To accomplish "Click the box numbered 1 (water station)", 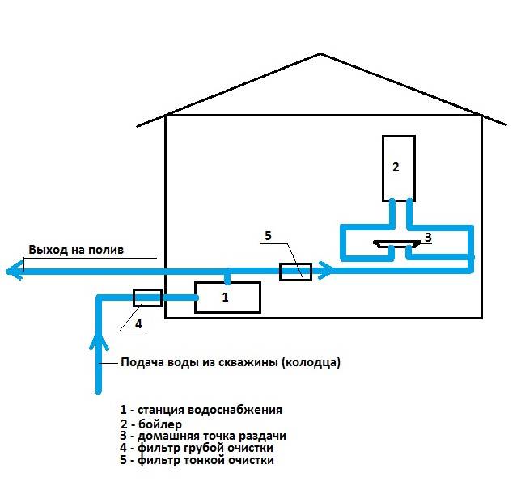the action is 227,297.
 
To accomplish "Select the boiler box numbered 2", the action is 399,168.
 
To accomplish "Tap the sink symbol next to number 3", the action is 397,243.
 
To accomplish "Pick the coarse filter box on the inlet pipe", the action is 148,297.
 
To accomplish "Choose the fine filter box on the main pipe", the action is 295,272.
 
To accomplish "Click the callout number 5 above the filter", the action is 268,236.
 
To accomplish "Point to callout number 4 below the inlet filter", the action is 138,323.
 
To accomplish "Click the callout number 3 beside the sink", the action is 428,237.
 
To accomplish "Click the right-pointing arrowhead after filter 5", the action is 326,270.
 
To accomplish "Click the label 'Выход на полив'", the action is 76,250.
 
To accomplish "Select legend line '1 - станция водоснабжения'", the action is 201,410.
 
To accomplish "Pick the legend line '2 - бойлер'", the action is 151,424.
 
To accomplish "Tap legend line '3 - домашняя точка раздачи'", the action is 203,436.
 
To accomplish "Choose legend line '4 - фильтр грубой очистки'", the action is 197,448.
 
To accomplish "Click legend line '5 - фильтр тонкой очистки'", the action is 197,460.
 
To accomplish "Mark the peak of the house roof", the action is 320,53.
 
